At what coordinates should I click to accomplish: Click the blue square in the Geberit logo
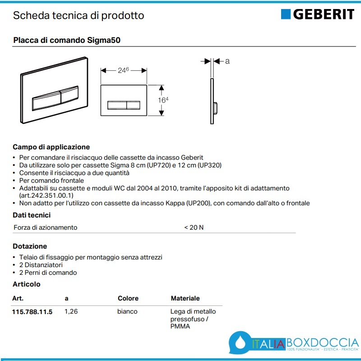tap(286, 14)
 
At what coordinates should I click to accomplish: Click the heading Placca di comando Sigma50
tap(66, 40)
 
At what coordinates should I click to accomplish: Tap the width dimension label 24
tap(122, 70)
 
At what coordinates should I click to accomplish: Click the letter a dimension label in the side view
tap(227, 61)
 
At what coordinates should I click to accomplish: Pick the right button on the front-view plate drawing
tap(134, 105)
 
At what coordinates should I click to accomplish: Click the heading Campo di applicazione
tap(51, 147)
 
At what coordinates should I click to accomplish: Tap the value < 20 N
tap(194, 227)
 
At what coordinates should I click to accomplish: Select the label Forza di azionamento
tap(45, 227)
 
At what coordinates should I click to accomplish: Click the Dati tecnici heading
tap(32, 215)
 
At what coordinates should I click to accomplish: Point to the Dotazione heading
tap(30, 246)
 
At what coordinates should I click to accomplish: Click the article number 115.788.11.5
tap(32, 312)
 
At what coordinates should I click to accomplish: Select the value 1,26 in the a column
tap(71, 312)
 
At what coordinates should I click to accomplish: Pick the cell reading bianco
tap(127, 312)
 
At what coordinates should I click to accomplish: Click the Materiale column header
tap(185, 298)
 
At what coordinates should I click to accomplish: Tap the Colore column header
tap(128, 298)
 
